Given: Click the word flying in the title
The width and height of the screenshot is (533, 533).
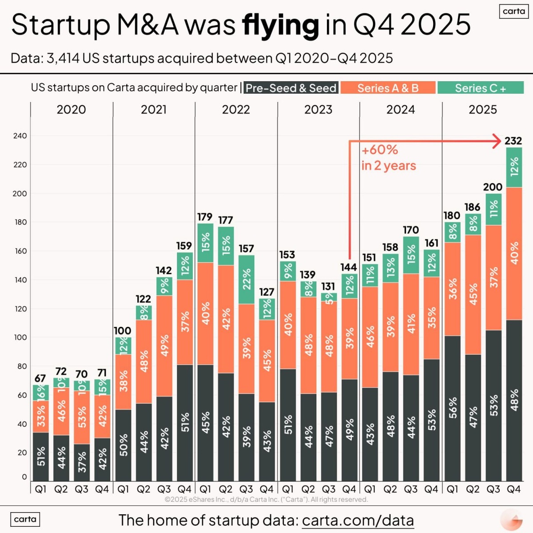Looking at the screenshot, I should [280, 25].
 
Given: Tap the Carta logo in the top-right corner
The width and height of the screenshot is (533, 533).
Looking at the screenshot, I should [514, 11].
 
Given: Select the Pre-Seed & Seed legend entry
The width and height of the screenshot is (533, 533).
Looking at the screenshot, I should [291, 88].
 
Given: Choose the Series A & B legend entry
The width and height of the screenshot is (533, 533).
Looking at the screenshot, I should [388, 88].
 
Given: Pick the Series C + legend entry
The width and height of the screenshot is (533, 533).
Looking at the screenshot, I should [480, 88].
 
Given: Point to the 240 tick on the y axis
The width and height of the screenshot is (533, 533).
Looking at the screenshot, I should [20, 136].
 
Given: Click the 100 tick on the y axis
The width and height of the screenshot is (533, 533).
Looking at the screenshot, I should [20, 338].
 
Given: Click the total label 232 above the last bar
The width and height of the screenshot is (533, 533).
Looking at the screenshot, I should [513, 141].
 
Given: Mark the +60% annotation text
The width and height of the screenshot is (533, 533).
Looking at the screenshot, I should [380, 150].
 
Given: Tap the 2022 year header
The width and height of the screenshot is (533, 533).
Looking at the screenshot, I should [236, 110].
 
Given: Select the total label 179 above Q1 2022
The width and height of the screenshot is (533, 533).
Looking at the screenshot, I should [205, 217].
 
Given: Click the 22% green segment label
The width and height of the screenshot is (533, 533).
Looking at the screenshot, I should [247, 279].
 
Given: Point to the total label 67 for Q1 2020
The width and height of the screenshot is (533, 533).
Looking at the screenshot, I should [40, 378].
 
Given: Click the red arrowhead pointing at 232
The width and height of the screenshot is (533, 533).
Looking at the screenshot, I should [497, 141].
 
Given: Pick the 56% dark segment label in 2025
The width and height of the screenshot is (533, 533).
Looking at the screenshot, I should [452, 408].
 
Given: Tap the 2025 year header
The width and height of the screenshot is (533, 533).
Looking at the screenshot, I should [483, 110].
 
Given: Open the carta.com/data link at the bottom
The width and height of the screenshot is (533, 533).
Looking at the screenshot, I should [358, 520].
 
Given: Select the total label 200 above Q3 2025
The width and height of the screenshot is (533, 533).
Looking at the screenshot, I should [493, 187].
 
